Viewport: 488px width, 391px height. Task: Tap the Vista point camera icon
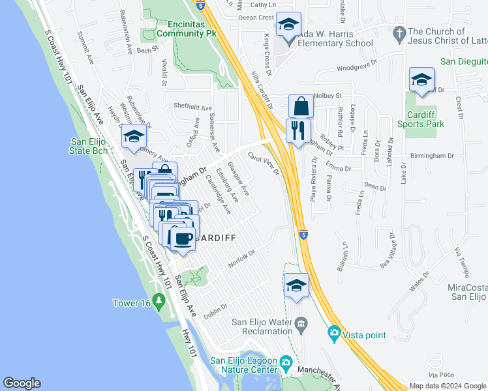(x=335, y=334)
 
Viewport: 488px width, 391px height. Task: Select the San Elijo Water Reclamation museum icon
(x=301, y=323)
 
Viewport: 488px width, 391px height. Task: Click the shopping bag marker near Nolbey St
(x=301, y=106)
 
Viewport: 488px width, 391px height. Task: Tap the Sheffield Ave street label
(x=192, y=108)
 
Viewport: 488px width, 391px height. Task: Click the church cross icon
(x=400, y=32)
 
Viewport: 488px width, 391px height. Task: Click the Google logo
(x=22, y=384)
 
